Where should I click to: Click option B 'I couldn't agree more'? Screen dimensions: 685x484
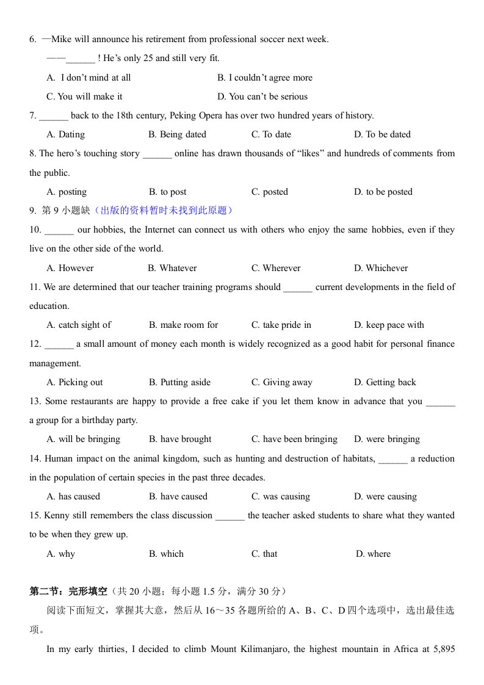click(265, 78)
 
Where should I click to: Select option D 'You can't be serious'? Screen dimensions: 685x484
click(262, 96)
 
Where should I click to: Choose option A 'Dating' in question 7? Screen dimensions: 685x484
click(66, 134)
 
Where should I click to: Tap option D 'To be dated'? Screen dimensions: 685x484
click(382, 134)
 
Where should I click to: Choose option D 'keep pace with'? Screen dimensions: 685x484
click(389, 325)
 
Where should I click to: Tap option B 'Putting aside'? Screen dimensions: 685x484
click(179, 382)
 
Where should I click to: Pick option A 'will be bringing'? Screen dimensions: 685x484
click(84, 439)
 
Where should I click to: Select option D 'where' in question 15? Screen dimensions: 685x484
click(373, 554)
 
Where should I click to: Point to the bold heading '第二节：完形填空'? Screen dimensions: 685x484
click(68, 591)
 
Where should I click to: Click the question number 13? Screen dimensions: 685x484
click(35, 401)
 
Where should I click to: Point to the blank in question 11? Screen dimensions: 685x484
click(298, 288)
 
